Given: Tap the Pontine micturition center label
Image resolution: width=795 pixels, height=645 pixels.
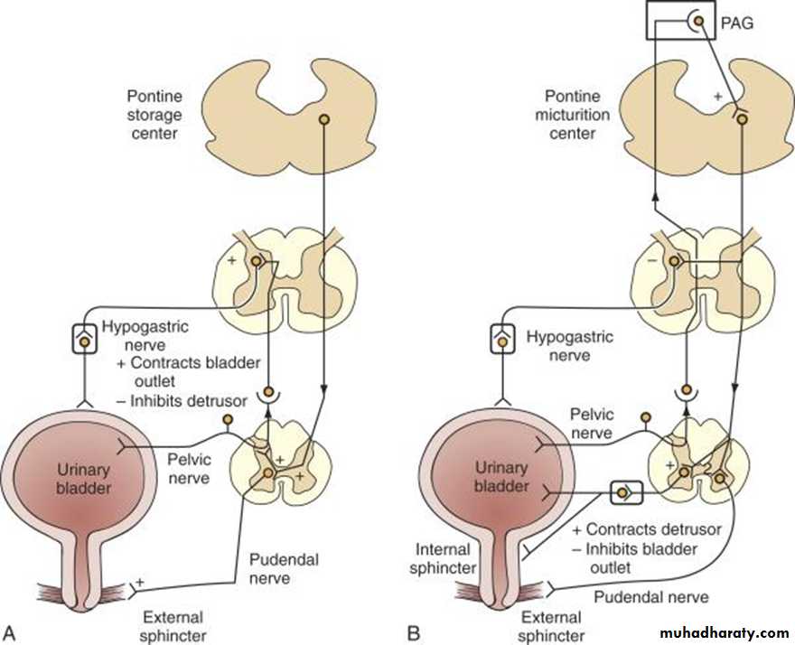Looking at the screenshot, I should (577, 115).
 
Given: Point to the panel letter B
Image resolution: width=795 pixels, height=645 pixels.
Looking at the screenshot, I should (415, 627).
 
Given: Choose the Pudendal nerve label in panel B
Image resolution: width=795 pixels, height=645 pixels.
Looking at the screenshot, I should (650, 596).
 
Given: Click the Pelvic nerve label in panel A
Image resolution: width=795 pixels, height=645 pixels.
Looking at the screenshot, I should (189, 466).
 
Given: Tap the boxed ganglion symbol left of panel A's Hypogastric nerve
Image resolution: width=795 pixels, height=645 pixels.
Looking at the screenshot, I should (83, 341).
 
